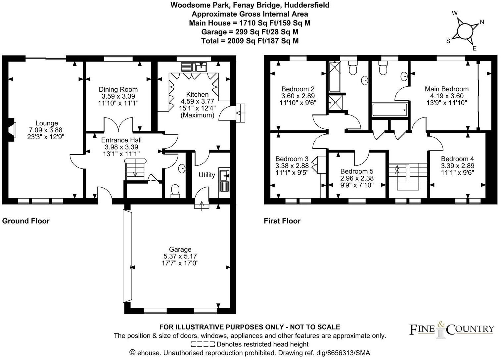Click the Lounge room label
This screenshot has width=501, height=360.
tap(47, 123)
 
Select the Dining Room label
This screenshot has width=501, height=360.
tap(118, 89)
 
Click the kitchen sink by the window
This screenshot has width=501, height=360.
tap(194, 67)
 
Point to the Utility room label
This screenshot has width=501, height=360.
tap(207, 175)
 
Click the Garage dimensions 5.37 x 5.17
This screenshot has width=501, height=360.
tap(180, 256)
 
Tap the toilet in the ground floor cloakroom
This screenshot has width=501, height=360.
tap(175, 190)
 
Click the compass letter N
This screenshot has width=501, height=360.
tap(482, 22)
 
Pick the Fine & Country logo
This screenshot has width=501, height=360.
tap(452, 329)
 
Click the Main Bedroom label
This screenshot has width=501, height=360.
tap(446, 89)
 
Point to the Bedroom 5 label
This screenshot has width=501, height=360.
tap(357, 171)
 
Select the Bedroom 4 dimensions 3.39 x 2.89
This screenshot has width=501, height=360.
tap(458, 166)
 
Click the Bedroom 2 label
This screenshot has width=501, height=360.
tap(298, 89)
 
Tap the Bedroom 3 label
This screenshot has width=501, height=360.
tap(292, 159)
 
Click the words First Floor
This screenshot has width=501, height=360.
tap(282, 221)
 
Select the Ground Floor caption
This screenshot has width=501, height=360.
tap(26, 221)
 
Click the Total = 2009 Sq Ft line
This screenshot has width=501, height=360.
tap(250, 41)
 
